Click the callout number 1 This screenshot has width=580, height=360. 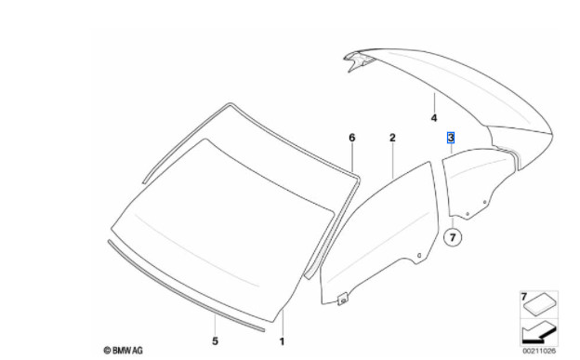click(x=282, y=341)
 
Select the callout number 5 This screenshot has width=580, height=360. click(x=216, y=340)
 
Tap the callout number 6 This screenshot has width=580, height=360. click(x=351, y=138)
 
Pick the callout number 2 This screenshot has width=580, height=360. click(x=392, y=138)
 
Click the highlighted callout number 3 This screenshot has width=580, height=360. click(x=451, y=138)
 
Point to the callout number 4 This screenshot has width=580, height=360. click(x=434, y=118)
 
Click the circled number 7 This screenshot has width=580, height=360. click(x=453, y=236)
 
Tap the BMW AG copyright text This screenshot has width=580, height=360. click(x=124, y=350)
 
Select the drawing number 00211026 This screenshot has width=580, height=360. click(x=539, y=351)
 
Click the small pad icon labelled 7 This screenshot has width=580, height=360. click(x=540, y=306)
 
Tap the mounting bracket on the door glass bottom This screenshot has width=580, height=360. click(x=343, y=299)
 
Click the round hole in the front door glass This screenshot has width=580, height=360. click(x=419, y=255)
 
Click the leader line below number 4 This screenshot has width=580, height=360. click(x=434, y=102)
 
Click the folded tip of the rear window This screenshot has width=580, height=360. click(x=355, y=60)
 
